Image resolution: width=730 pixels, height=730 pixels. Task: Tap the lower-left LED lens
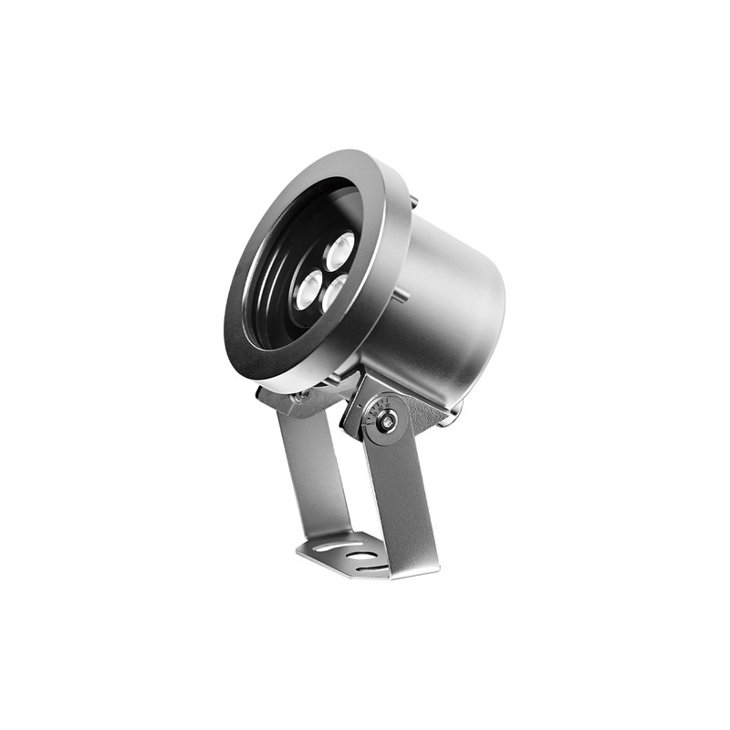pyautogui.click(x=309, y=289)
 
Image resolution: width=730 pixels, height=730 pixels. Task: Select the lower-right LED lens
pyautogui.click(x=336, y=293)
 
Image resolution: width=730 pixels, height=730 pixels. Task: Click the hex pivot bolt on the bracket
pyautogui.click(x=388, y=421)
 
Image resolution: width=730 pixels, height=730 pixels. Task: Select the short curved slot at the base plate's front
pyautogui.click(x=370, y=568)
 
